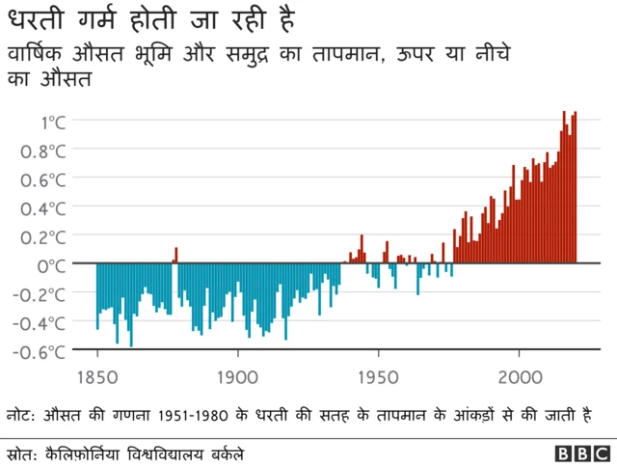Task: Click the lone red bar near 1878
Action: click(x=175, y=255)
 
